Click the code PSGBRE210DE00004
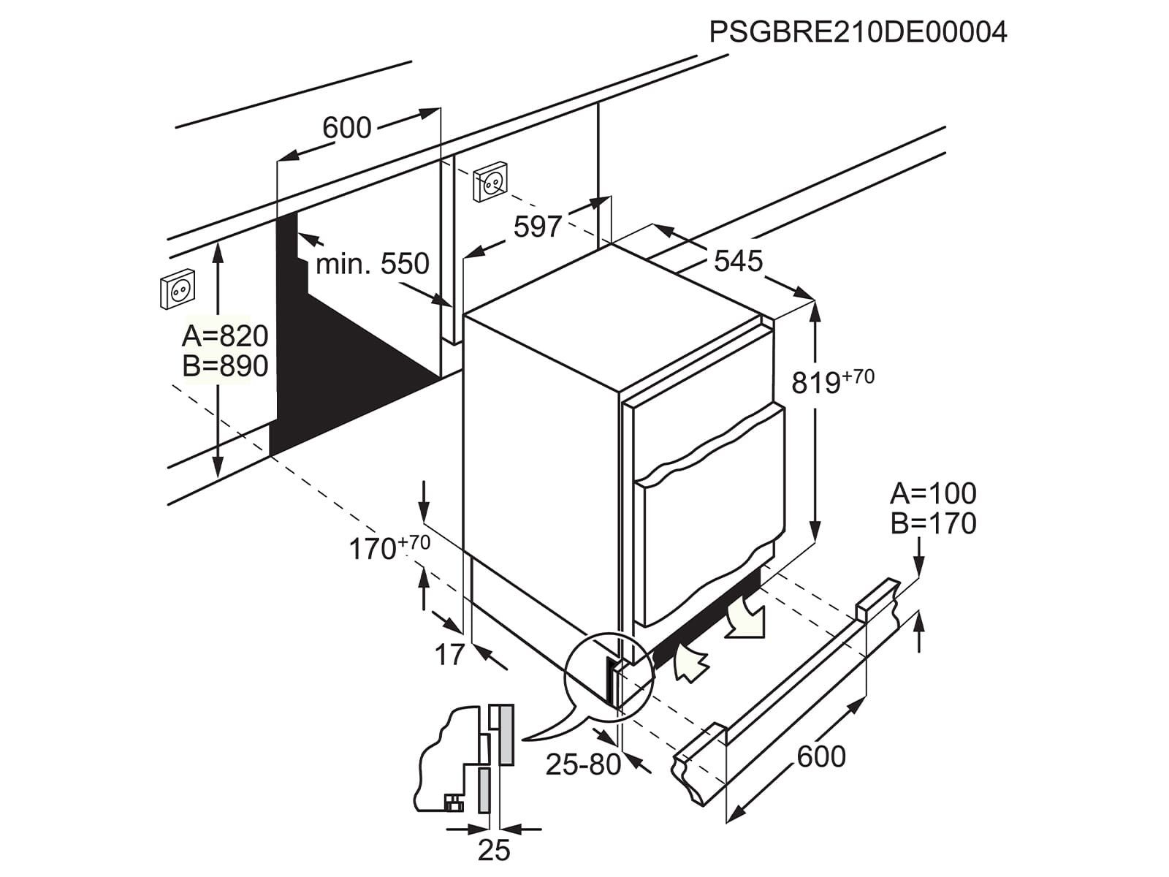tap(858, 32)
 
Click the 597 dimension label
tap(538, 227)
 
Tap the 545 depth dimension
tap(738, 261)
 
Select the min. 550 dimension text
tap(372, 264)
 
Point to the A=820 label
tap(225, 336)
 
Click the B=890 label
tap(225, 366)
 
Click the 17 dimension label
tap(450, 655)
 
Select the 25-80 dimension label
tap(583, 764)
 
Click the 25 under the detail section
tap(494, 851)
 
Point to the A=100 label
tap(933, 494)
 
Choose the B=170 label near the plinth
tap(933, 524)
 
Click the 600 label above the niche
tap(347, 128)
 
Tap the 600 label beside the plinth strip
tap(821, 756)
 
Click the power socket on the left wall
tap(178, 290)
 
